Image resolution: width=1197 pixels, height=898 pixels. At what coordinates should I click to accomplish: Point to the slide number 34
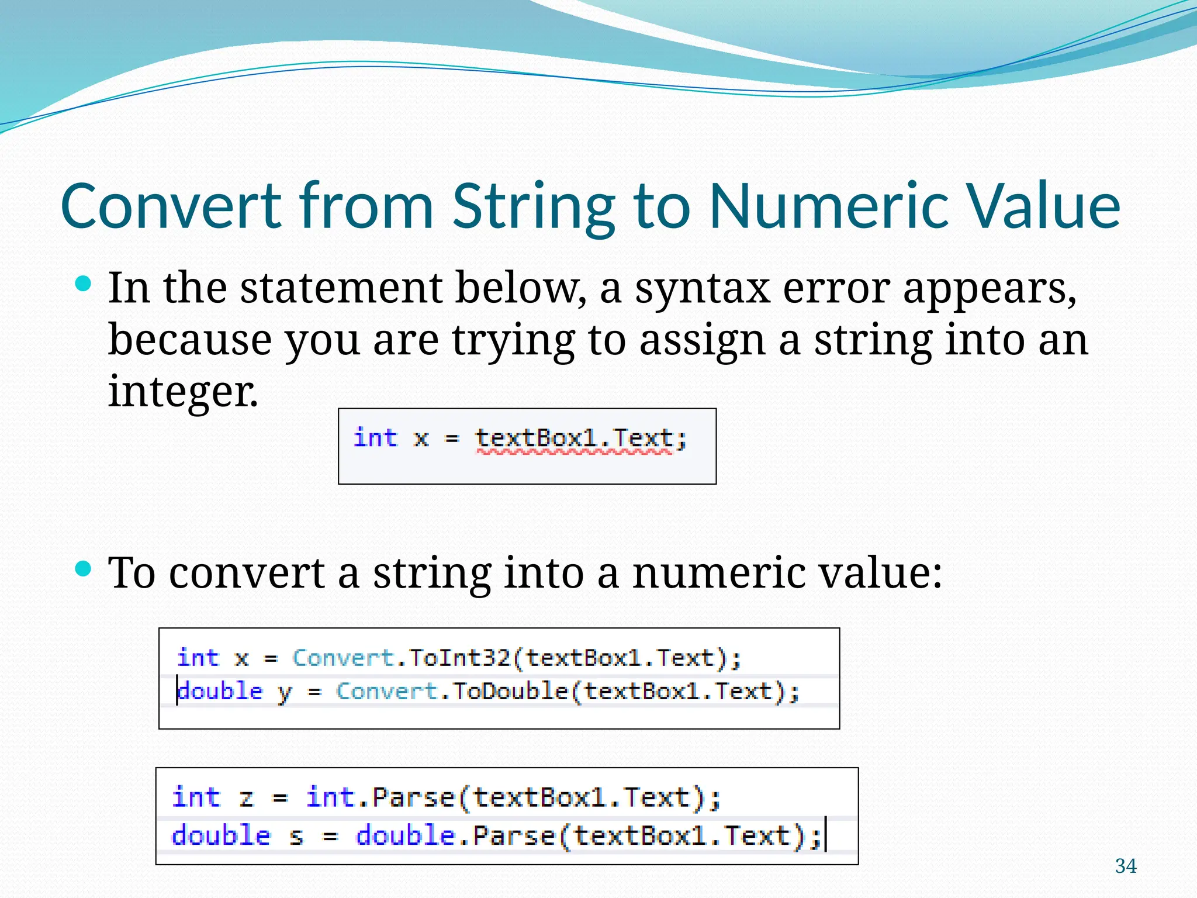pos(1126,866)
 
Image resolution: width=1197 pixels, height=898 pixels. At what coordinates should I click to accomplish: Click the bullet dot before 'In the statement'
pos(84,285)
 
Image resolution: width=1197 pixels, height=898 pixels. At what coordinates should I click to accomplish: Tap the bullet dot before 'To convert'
pos(84,568)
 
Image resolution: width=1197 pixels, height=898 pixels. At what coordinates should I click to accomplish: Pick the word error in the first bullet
pos(836,288)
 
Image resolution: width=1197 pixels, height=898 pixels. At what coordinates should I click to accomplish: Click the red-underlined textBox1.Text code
pos(574,438)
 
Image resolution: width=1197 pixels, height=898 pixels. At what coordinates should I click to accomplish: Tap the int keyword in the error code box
pos(375,438)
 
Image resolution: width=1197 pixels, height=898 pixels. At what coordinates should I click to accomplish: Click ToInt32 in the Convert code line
pos(459,658)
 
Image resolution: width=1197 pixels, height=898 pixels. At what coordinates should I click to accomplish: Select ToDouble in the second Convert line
pos(510,692)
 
